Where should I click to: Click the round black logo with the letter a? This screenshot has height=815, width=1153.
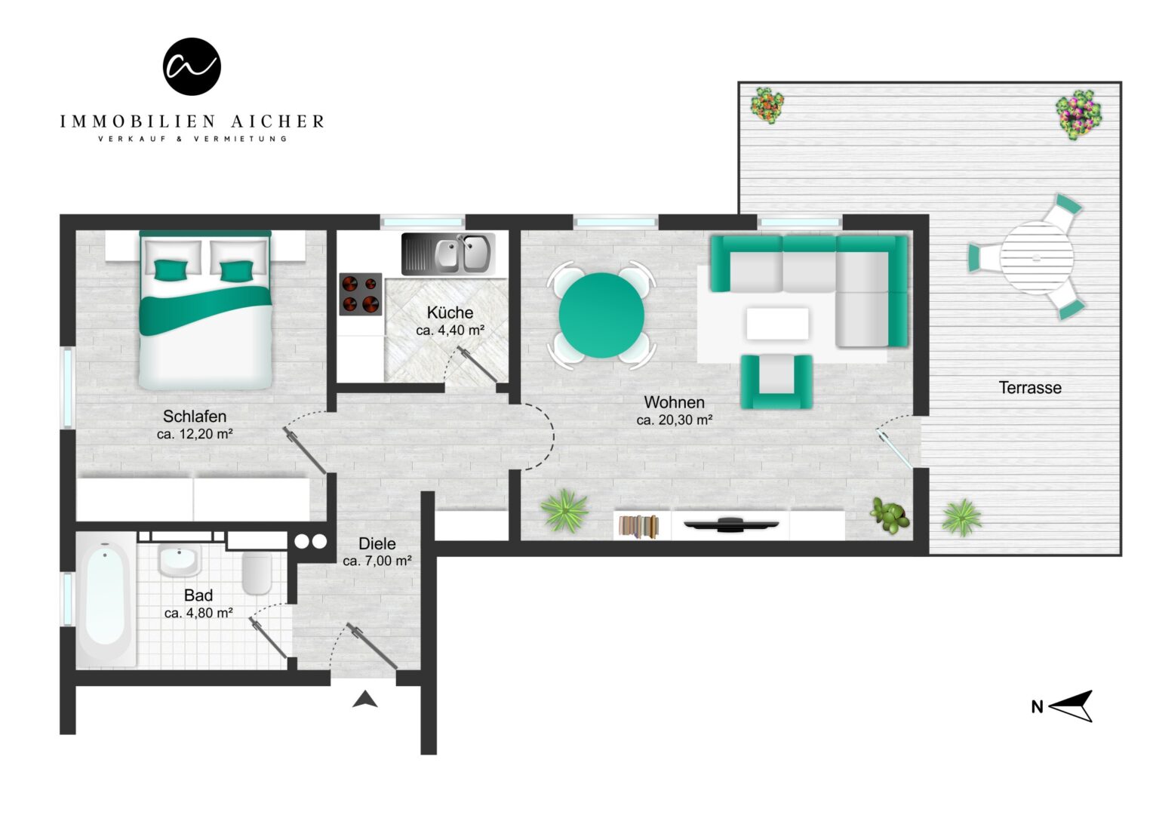click(x=192, y=66)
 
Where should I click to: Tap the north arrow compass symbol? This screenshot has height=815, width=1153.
click(x=1071, y=706)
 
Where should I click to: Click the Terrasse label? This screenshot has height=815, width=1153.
click(x=1030, y=388)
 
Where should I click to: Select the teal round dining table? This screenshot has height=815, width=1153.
click(x=601, y=315)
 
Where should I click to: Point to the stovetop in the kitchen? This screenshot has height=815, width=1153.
click(x=361, y=294)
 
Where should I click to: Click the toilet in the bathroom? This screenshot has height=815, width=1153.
click(x=257, y=574)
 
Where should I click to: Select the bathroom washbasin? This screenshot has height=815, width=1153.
click(x=179, y=560)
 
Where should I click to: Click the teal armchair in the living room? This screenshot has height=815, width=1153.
click(x=776, y=382)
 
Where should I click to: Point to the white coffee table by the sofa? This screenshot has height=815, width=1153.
click(x=777, y=323)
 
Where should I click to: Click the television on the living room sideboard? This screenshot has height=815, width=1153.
click(x=731, y=524)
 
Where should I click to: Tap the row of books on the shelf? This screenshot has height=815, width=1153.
click(x=639, y=526)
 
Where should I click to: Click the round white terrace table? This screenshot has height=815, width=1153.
click(x=1037, y=257)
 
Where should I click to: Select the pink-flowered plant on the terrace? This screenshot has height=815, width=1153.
click(x=1078, y=115)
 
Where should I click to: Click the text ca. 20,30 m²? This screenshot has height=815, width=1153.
click(x=675, y=420)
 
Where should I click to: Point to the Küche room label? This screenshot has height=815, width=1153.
click(x=450, y=312)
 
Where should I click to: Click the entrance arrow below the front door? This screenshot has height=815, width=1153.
click(x=365, y=699)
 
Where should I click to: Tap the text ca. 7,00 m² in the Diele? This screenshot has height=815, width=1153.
click(x=377, y=561)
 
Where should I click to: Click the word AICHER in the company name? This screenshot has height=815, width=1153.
click(x=278, y=121)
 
